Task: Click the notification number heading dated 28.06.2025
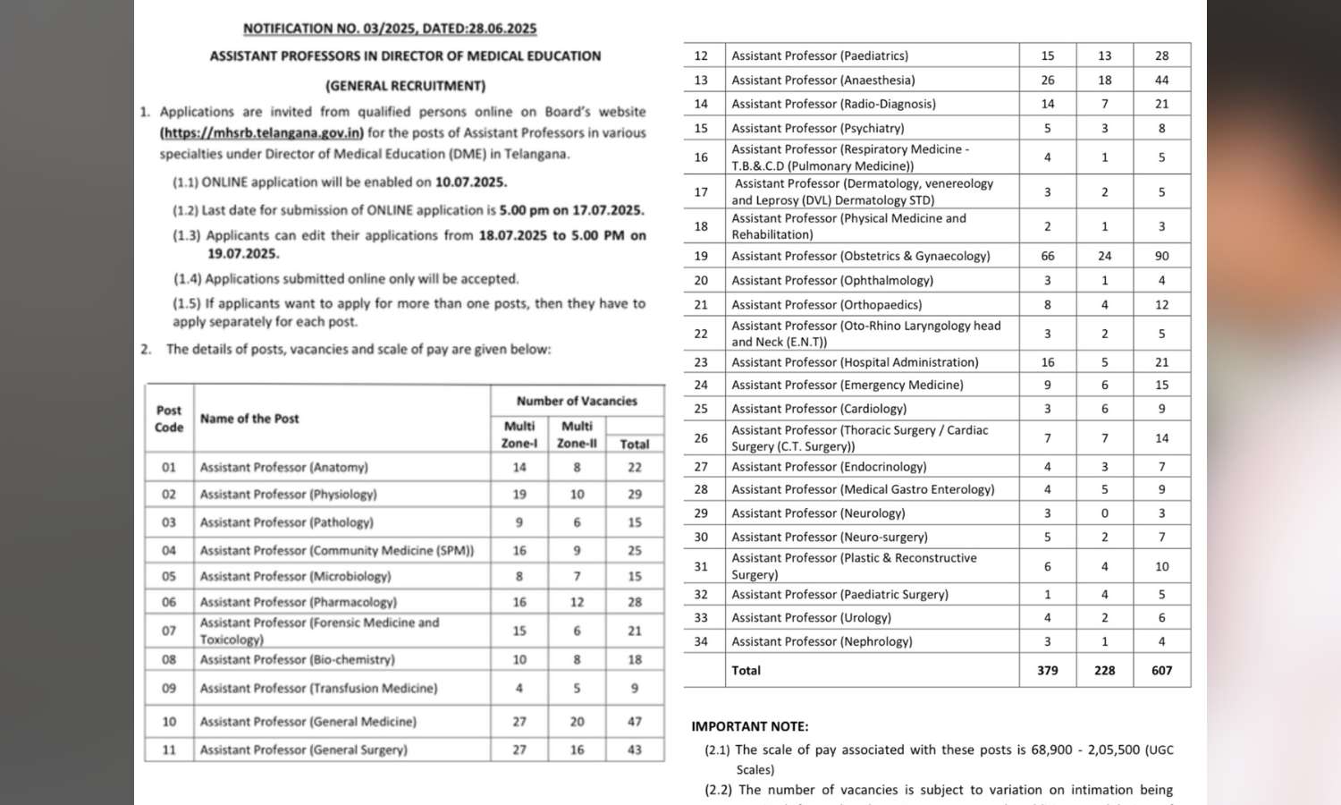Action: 390,29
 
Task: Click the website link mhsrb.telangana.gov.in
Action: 262,132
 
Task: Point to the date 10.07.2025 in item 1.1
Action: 471,182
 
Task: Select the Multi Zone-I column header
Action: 519,434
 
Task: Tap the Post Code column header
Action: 169,419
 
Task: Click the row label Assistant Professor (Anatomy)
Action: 283,467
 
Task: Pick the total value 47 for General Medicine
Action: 635,721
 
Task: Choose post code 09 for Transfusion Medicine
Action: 169,688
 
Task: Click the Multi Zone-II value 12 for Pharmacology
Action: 578,602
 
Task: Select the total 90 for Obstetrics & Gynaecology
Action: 1161,256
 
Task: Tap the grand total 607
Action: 1161,670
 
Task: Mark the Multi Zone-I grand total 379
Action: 1048,670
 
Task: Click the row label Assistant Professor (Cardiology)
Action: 819,409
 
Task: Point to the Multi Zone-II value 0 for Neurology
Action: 1105,513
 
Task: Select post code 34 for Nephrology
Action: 701,641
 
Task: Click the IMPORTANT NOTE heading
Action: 750,726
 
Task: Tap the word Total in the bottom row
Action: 746,670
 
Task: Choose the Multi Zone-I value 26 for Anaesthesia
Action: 1048,80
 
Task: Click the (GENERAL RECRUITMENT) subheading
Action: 405,86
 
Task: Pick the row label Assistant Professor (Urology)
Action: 811,617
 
